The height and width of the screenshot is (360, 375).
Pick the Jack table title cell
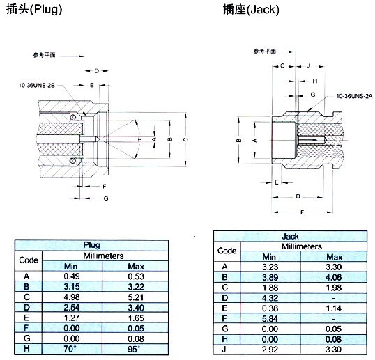click(x=289, y=237)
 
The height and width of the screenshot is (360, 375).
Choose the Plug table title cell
click(x=91, y=245)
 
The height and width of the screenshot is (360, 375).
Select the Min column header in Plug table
click(x=71, y=266)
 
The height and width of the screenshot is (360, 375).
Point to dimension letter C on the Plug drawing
click(x=185, y=139)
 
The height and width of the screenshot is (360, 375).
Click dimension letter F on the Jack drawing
click(x=302, y=211)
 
